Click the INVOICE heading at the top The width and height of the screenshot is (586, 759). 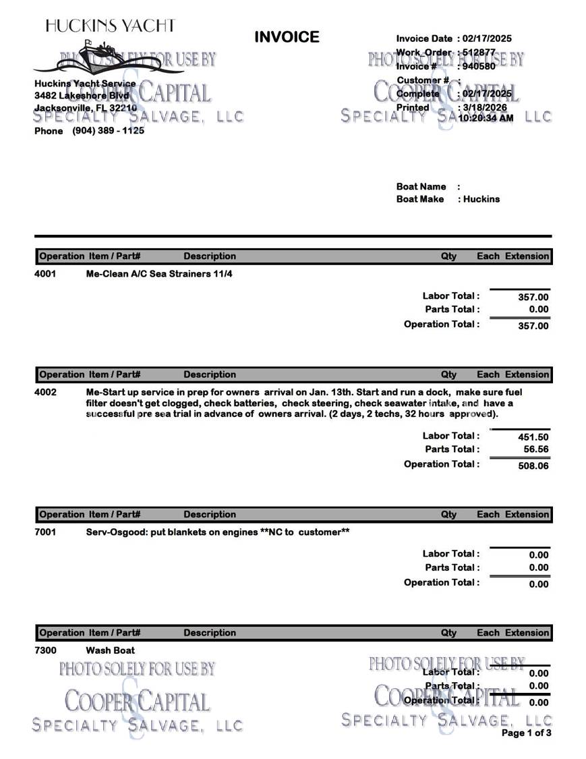coord(287,37)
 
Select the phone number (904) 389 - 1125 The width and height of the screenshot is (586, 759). coord(108,131)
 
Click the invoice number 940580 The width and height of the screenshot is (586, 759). coord(479,66)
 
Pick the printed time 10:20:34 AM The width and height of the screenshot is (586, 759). coord(486,118)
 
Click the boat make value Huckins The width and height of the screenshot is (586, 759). coord(481,199)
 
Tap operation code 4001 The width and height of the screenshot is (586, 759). coord(45,274)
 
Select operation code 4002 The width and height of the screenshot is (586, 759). coord(45,392)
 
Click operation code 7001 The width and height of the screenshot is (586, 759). coord(45,532)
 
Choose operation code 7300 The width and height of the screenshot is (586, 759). coord(45,650)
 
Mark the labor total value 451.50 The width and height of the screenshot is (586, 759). coord(533,437)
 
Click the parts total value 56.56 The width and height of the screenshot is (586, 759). coord(535,449)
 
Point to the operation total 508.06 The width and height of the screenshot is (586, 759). coord(533,466)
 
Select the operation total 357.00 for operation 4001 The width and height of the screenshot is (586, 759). coord(533,326)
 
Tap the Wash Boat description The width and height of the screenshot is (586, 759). coord(110,650)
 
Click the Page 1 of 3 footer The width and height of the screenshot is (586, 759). coord(526,733)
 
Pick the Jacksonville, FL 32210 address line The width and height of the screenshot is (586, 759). coord(86,108)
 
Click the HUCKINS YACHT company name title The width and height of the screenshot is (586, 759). coord(110,26)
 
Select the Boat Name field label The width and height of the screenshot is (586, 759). coord(421,186)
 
